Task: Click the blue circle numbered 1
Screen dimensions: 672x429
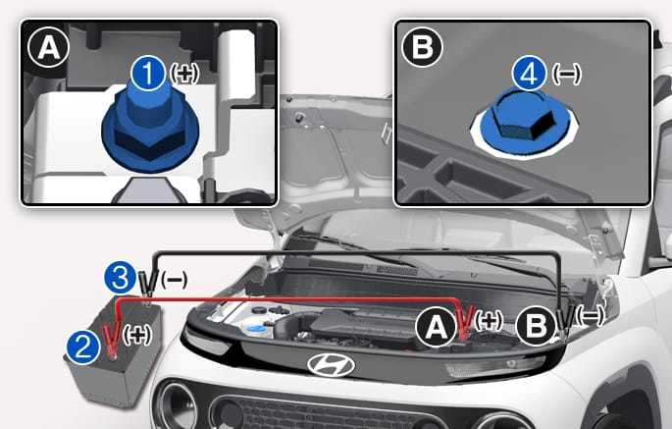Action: (148, 74)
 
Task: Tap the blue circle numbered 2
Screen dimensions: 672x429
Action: (83, 347)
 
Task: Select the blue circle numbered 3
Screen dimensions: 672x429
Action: (122, 278)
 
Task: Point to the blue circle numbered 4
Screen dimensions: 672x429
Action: (529, 73)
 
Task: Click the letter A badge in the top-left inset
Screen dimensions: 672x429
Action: (48, 48)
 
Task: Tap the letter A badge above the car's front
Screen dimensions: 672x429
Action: (437, 328)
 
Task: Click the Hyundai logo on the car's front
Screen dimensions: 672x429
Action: (331, 365)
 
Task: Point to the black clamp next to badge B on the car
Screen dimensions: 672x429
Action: (566, 322)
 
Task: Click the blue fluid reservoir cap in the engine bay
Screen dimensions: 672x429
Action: (256, 330)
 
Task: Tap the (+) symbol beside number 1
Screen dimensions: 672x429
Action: (184, 74)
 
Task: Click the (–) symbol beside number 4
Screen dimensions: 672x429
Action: (567, 74)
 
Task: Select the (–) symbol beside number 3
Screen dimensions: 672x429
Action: (174, 280)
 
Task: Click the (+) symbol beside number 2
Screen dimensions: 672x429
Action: (137, 334)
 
